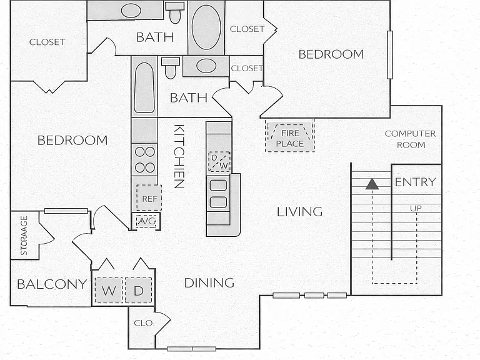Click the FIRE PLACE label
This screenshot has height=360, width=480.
pyautogui.click(x=289, y=138)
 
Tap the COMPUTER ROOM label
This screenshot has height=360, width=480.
pyautogui.click(x=410, y=139)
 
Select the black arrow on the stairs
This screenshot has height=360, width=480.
pyautogui.click(x=372, y=184)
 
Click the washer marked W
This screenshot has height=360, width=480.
pyautogui.click(x=109, y=290)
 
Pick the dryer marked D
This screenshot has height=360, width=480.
pyautogui.click(x=138, y=290)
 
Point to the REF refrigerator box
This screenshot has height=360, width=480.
pyautogui.click(x=149, y=197)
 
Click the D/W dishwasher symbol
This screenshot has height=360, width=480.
pyautogui.click(x=219, y=162)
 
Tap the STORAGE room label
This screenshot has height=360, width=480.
pyautogui.click(x=24, y=236)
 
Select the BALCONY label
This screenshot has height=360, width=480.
pyautogui.click(x=52, y=284)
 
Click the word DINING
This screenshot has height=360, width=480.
pyautogui.click(x=209, y=283)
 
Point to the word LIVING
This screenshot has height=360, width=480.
pyautogui.click(x=300, y=212)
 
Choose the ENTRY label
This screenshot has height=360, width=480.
pyautogui.click(x=416, y=182)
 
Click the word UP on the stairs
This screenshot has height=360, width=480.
pyautogui.click(x=416, y=208)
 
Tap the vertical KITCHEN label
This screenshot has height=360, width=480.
pyautogui.click(x=179, y=156)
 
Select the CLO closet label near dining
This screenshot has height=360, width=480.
pyautogui.click(x=143, y=323)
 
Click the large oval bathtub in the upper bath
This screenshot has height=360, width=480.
pyautogui.click(x=206, y=27)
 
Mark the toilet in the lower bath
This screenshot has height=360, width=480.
pyautogui.click(x=170, y=67)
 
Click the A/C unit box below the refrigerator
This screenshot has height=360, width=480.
pyautogui.click(x=146, y=221)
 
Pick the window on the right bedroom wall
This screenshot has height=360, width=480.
pyautogui.click(x=390, y=55)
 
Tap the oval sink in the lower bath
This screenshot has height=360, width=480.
pyautogui.click(x=206, y=66)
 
